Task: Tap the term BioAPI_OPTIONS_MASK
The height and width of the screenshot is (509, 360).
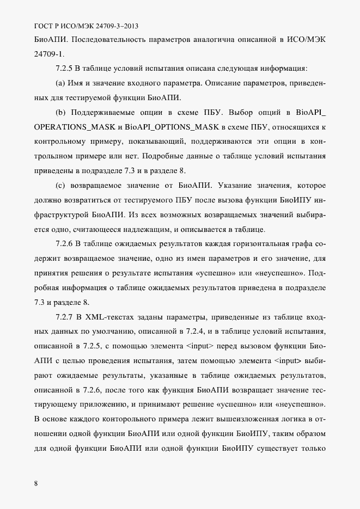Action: click(172, 127)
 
